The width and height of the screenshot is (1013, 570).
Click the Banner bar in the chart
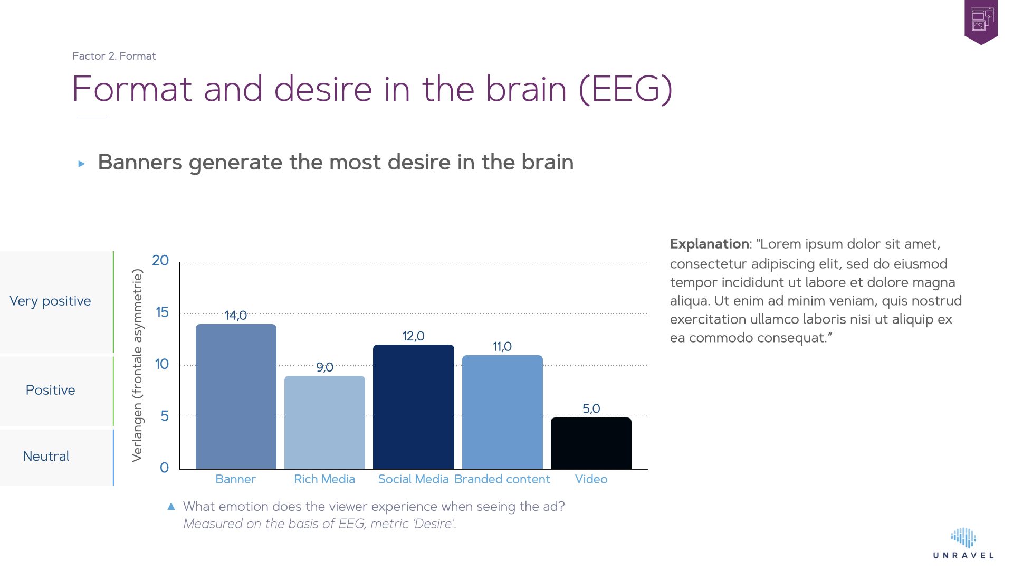pos(236,396)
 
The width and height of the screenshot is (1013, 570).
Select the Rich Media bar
pos(324,422)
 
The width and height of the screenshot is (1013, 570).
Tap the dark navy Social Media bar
pos(413,407)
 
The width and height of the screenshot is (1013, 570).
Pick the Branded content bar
pos(502,412)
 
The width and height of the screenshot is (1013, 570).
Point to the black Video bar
pos(591,443)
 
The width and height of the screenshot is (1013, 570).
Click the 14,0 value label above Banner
pos(235,316)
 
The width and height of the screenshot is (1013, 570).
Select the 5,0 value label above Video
pos(591,409)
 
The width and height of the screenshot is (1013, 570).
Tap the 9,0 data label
pos(324,367)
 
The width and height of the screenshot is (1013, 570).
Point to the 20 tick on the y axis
pos(160,260)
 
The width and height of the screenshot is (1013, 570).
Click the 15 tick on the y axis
pos(162,312)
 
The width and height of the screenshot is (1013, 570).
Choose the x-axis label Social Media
pos(413,479)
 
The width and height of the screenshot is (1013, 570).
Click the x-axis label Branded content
pos(502,479)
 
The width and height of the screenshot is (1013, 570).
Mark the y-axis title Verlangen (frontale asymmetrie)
pos(137,365)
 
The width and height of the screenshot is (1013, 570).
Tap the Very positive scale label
pos(50,301)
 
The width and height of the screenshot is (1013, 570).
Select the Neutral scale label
pos(46,457)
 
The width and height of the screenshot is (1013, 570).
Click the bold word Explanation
pos(709,244)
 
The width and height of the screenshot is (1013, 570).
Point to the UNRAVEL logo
pos(963,544)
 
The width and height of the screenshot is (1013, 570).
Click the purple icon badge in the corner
pos(981,22)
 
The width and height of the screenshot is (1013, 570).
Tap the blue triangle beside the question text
pos(171,507)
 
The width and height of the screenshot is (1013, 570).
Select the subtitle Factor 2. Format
pos(114,56)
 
